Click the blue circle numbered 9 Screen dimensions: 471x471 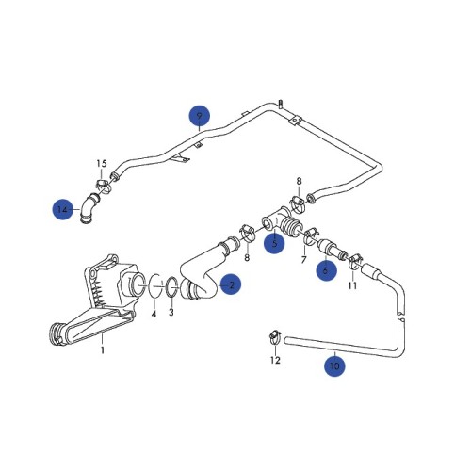click(198, 116)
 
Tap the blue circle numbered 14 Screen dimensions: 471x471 click(62, 209)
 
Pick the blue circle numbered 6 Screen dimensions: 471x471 click(327, 268)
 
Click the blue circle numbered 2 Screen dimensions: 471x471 click(230, 282)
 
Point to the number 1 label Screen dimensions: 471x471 click(104, 351)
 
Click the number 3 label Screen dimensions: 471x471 click(171, 313)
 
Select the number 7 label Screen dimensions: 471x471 click(306, 258)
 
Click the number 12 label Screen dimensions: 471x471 click(275, 360)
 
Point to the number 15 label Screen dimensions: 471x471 click(102, 164)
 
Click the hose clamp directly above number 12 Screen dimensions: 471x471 click(273, 334)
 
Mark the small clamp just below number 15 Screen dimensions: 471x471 click(104, 186)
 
